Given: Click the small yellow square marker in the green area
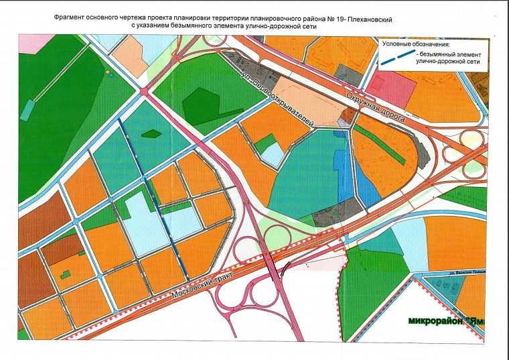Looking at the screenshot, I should point(107,70).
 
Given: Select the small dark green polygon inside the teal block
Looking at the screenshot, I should point(151,133).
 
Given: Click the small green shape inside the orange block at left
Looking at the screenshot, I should point(65,274).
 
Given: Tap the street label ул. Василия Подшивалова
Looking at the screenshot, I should point(465,273).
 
